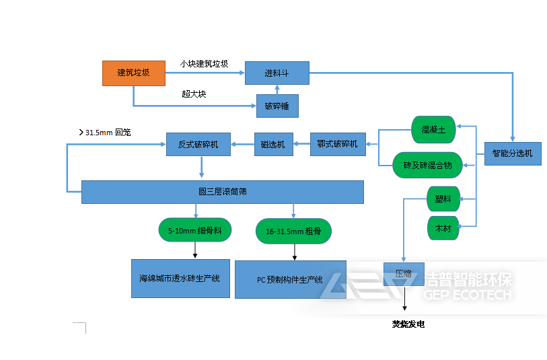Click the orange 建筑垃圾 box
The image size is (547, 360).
point(133,73)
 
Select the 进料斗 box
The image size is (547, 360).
point(277,73)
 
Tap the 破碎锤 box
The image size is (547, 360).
point(277,106)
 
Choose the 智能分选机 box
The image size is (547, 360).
point(512,153)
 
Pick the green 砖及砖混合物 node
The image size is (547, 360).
point(433,165)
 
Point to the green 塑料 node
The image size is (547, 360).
point(443,199)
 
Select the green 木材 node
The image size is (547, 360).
point(443,228)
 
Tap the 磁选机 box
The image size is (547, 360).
point(273,145)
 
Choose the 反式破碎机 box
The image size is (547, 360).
point(198,144)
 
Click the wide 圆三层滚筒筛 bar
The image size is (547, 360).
point(222,192)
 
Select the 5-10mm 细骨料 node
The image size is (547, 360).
point(195,230)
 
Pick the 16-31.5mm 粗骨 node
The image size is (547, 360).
point(293,231)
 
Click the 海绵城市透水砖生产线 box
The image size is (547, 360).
point(180,278)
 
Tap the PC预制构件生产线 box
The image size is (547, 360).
point(290,279)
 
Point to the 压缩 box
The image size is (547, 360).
point(403,274)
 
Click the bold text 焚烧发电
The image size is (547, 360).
point(408,324)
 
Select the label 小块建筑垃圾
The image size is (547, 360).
point(204,64)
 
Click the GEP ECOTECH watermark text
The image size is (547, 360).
point(468,295)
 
